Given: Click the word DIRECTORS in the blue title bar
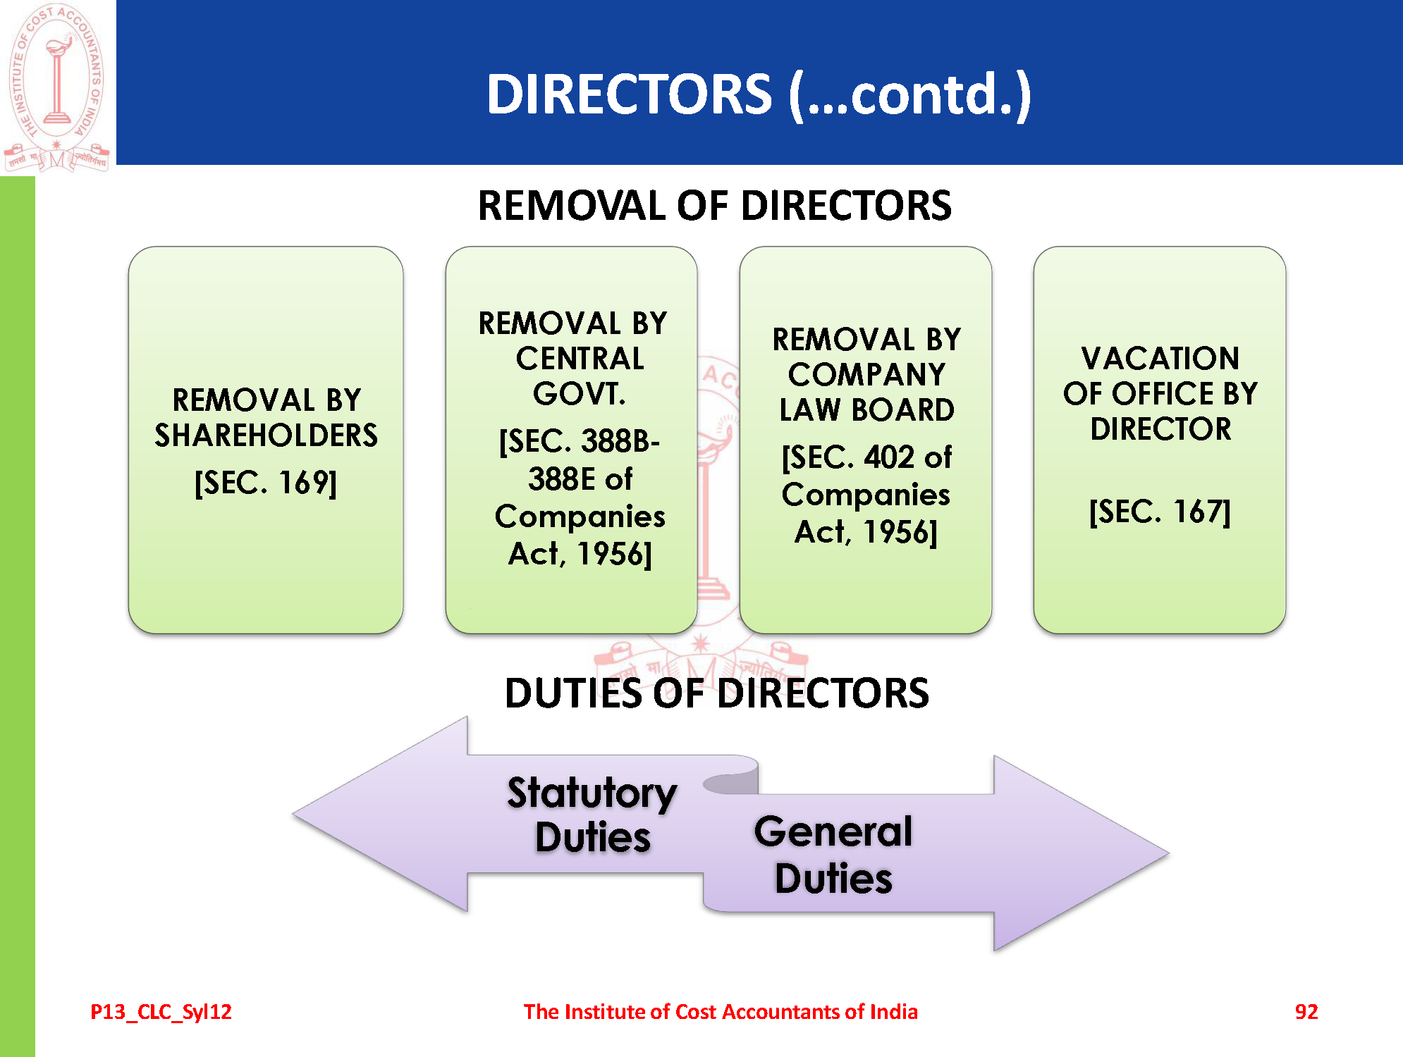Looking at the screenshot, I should coord(629,94).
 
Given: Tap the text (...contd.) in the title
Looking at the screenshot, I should coord(909,94).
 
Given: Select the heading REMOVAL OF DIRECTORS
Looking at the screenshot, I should coord(714,206).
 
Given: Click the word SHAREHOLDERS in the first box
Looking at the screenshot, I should coord(266,435).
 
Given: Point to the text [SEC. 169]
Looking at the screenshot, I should coord(266,483).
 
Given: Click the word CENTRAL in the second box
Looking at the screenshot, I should coord(580,359).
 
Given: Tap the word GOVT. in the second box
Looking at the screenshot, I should coord(580,393).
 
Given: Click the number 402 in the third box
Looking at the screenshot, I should coord(889,457).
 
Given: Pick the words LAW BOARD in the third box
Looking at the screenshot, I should coord(866,409).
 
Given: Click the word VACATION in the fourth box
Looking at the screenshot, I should coord(1160,359).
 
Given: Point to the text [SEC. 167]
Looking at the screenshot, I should coord(1160,512).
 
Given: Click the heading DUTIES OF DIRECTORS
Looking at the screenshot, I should coord(717,693).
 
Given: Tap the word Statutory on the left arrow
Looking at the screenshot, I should coord(592,793).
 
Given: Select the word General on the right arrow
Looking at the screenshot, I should coord(833,832).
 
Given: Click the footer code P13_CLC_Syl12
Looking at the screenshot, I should coord(161,1012).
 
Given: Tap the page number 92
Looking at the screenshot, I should coord(1306,1012).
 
